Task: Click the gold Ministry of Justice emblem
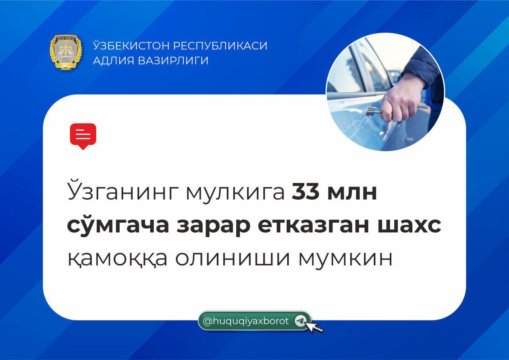click(66, 52)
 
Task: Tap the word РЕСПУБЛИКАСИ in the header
click(220, 45)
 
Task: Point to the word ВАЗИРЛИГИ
click(173, 61)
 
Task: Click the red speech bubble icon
click(83, 136)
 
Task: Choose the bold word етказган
click(313, 226)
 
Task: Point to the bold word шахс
click(409, 226)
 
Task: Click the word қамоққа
click(117, 259)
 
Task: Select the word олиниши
click(232, 259)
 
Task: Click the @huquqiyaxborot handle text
click(246, 321)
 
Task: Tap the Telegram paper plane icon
click(300, 321)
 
